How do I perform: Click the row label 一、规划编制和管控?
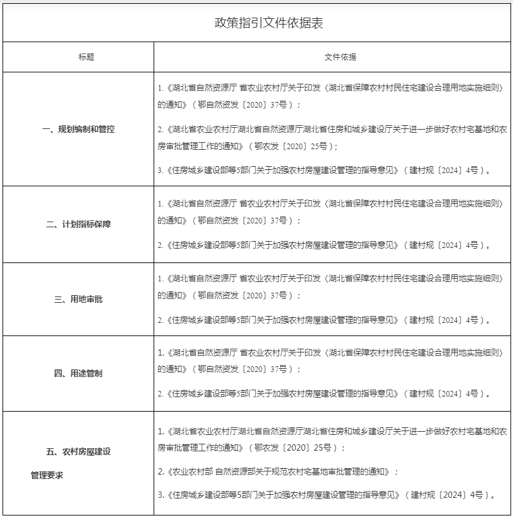[x=79, y=129]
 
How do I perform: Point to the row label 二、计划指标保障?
[x=79, y=224]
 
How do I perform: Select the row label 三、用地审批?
[x=79, y=299]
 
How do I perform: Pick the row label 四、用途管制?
[x=79, y=373]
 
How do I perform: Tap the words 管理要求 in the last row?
[x=47, y=475]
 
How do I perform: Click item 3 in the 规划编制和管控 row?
[x=323, y=170]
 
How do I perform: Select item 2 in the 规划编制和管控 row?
[x=332, y=137]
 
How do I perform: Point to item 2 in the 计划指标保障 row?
[x=323, y=245]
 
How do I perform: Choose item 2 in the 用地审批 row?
[x=323, y=320]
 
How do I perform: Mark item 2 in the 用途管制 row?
[x=323, y=394]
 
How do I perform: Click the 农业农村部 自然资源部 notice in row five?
[x=278, y=471]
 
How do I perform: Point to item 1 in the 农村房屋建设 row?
[x=332, y=439]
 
